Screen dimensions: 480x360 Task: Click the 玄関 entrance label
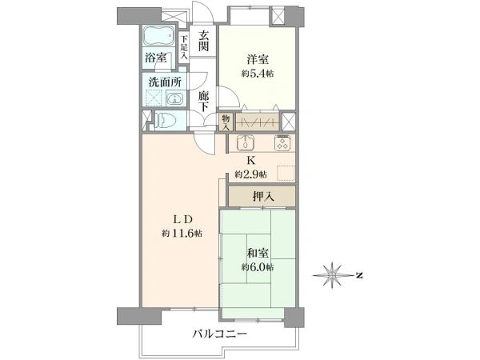click(x=203, y=41)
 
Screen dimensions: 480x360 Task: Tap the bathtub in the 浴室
click(x=159, y=35)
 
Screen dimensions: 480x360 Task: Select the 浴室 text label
click(x=155, y=58)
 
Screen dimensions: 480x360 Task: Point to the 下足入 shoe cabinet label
click(x=183, y=46)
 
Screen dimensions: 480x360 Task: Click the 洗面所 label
click(x=165, y=82)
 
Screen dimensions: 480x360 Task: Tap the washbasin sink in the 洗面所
click(x=174, y=98)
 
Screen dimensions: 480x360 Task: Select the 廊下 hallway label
click(x=203, y=102)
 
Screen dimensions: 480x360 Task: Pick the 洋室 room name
click(x=258, y=59)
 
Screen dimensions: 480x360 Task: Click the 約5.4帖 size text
click(x=258, y=74)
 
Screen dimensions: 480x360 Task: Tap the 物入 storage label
click(x=226, y=122)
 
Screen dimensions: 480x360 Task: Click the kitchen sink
click(x=246, y=142)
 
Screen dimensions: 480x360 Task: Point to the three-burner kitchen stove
click(x=282, y=142)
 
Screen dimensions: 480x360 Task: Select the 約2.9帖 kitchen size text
click(x=250, y=174)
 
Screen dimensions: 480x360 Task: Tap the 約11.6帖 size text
click(x=182, y=234)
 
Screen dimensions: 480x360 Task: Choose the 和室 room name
click(x=258, y=254)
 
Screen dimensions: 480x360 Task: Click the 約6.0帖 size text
click(x=258, y=267)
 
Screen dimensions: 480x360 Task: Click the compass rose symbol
click(x=333, y=275)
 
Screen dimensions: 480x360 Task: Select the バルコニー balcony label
click(x=219, y=334)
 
